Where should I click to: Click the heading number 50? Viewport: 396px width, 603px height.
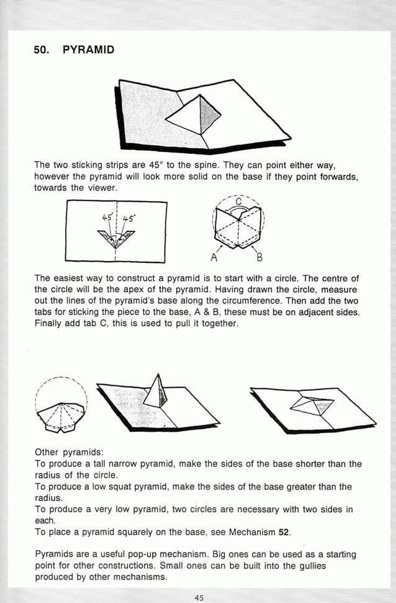[x=42, y=49]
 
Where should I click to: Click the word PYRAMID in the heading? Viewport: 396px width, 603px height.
[x=89, y=49]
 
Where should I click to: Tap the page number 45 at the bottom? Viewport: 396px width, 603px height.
[x=199, y=597]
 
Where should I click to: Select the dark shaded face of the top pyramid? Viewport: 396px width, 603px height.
[x=210, y=112]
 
